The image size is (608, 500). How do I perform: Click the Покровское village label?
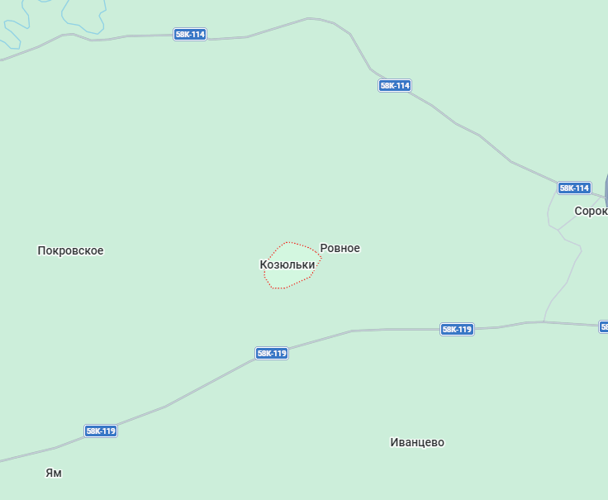click(x=70, y=250)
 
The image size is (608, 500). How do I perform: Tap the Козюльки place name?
click(x=287, y=264)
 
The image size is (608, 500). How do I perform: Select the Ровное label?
click(x=340, y=248)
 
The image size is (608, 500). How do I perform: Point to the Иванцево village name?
click(x=417, y=442)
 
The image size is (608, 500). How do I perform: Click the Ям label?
click(x=54, y=473)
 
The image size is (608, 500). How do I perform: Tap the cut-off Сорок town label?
click(x=591, y=211)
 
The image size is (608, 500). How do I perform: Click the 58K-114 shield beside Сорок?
click(x=574, y=188)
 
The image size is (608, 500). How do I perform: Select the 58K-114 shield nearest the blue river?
click(x=190, y=35)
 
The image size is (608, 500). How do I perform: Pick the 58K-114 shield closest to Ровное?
click(x=395, y=86)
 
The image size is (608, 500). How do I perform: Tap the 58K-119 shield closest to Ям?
click(x=101, y=431)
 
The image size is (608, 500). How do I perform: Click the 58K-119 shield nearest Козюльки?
click(x=271, y=353)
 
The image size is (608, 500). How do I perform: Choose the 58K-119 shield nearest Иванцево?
click(x=457, y=329)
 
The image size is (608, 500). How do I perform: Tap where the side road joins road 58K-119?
click(x=544, y=321)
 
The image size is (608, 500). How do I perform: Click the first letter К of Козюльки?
click(x=264, y=264)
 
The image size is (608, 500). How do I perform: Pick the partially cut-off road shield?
click(x=604, y=326)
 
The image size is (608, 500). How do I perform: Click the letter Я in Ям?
click(x=49, y=473)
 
